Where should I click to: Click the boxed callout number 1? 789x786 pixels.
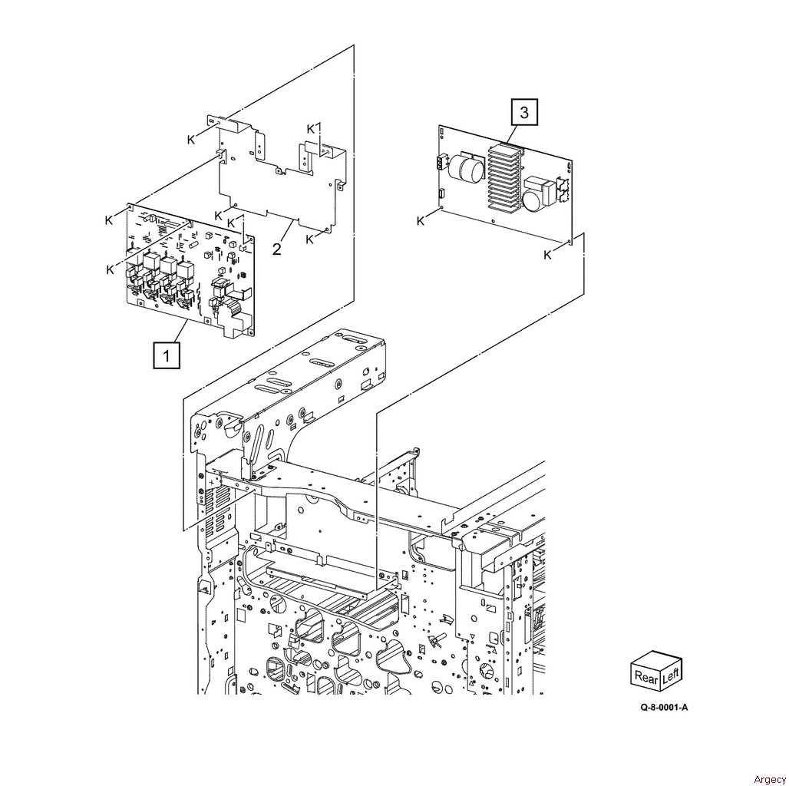pyautogui.click(x=166, y=355)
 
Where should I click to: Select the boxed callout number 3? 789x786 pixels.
pyautogui.click(x=524, y=112)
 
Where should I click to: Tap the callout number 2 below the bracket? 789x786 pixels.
pyautogui.click(x=277, y=248)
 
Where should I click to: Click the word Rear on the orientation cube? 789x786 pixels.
pyautogui.click(x=646, y=677)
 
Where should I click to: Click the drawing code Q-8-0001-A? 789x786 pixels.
pyautogui.click(x=664, y=708)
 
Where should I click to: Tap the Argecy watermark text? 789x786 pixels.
pyautogui.click(x=770, y=779)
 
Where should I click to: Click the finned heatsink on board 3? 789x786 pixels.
pyautogui.click(x=503, y=176)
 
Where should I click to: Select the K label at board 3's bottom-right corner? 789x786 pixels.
pyautogui.click(x=547, y=256)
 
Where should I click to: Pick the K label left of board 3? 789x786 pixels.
pyautogui.click(x=421, y=221)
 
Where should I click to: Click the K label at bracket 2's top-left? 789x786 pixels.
pyautogui.click(x=190, y=140)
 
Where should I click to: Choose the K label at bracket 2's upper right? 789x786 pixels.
pyautogui.click(x=311, y=129)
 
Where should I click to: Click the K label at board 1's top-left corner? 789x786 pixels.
pyautogui.click(x=109, y=220)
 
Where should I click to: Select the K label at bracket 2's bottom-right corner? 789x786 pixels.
pyautogui.click(x=309, y=239)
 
